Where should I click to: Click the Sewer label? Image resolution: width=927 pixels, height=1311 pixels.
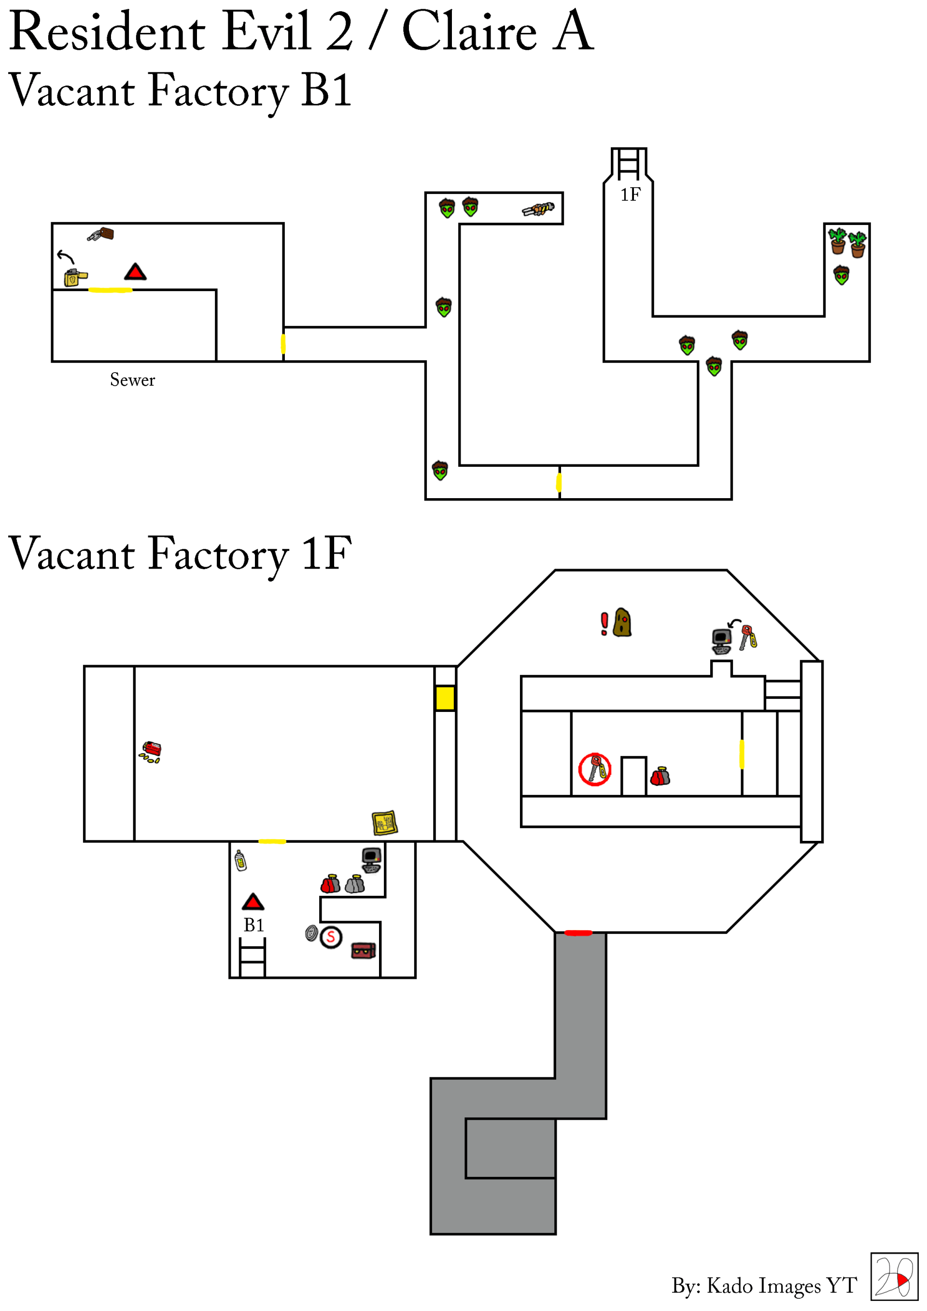[x=132, y=380]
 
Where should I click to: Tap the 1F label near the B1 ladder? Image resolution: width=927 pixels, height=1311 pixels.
[x=630, y=195]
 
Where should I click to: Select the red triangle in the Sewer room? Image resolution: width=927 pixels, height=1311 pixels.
[x=135, y=271]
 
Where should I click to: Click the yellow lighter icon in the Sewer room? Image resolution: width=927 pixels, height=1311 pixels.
[x=75, y=278]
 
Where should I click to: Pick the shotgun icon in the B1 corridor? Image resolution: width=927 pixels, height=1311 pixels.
[x=537, y=209]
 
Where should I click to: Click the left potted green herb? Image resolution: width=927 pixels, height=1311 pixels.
[x=837, y=240]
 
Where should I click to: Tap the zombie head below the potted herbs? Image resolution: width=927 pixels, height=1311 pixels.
[x=842, y=275]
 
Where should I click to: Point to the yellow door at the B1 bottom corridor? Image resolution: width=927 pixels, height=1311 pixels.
[x=559, y=483]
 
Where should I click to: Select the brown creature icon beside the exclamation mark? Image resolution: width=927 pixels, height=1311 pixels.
[x=622, y=622]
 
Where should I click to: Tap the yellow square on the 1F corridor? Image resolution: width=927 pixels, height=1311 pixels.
[x=445, y=698]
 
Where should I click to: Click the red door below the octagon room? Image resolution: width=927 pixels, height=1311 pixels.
[x=578, y=933]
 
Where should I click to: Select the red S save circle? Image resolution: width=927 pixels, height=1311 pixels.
[x=331, y=937]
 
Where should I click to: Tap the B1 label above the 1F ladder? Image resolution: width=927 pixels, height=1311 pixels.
[x=253, y=925]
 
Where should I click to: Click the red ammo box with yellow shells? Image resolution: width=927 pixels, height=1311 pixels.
[x=151, y=752]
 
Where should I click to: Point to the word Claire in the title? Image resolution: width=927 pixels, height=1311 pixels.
[x=469, y=31]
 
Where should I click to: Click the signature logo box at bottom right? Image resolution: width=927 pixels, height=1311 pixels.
[x=893, y=1277]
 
